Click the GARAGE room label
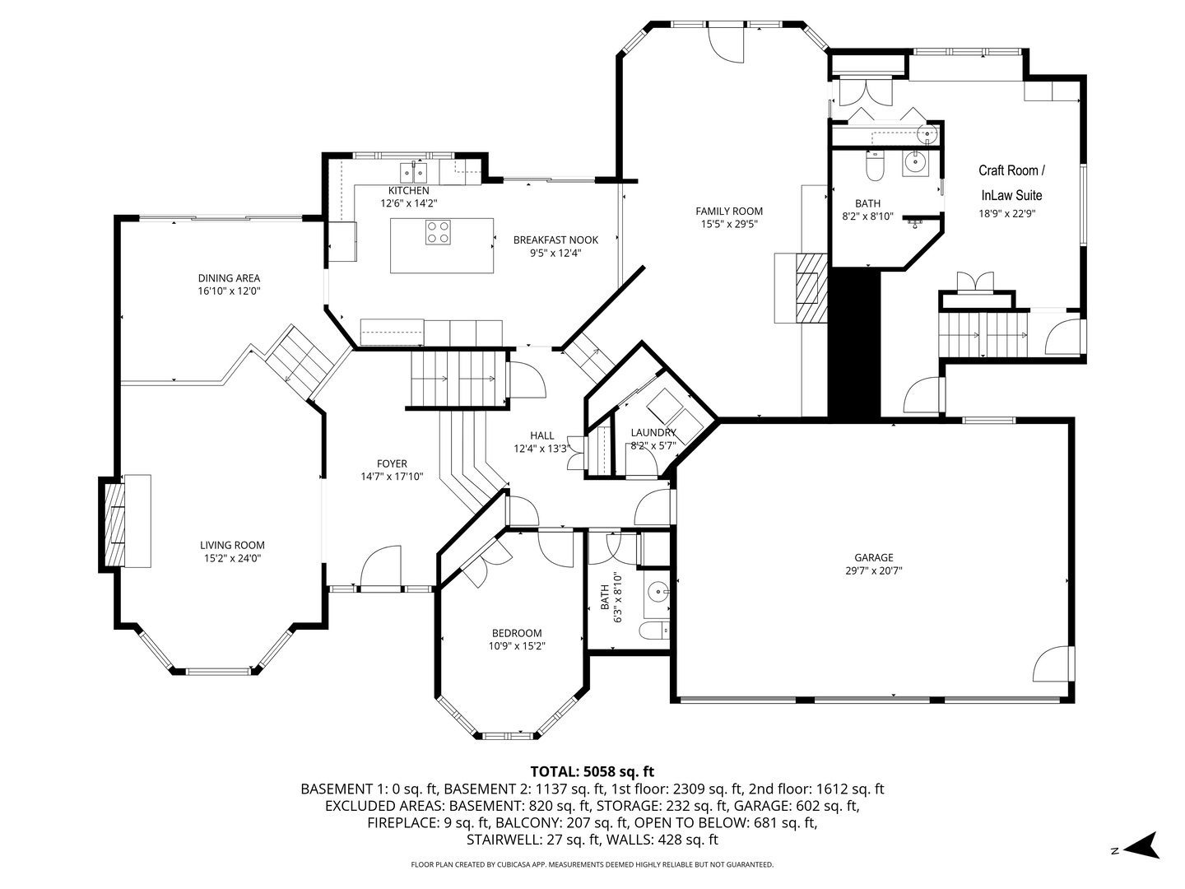pyautogui.click(x=873, y=557)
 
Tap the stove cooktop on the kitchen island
pyautogui.click(x=438, y=232)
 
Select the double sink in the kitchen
pyautogui.click(x=414, y=172)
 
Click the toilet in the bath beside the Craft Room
pyautogui.click(x=874, y=166)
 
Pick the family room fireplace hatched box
pyautogui.click(x=811, y=288)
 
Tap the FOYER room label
pyautogui.click(x=392, y=463)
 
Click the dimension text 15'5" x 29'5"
pyautogui.click(x=729, y=224)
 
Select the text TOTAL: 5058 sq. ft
pyautogui.click(x=592, y=771)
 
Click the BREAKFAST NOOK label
pyautogui.click(x=555, y=240)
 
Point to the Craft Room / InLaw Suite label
pyautogui.click(x=1011, y=183)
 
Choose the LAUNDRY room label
pyautogui.click(x=653, y=432)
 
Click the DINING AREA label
pyautogui.click(x=229, y=278)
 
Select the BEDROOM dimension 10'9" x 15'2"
pyautogui.click(x=517, y=646)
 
